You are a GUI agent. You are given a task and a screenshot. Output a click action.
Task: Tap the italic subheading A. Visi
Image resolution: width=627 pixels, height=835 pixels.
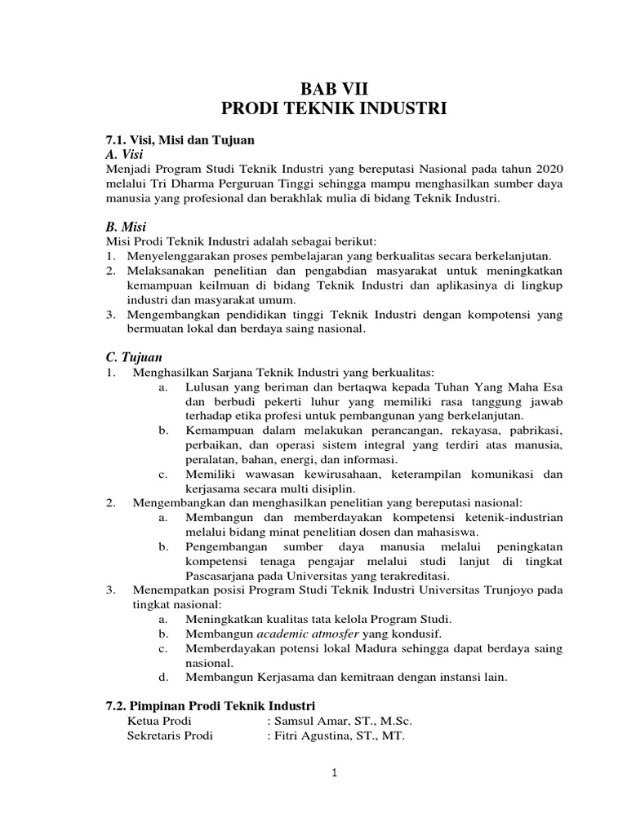pyautogui.click(x=124, y=153)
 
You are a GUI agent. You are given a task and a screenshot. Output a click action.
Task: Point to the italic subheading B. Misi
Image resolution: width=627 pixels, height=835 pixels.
pyautogui.click(x=126, y=226)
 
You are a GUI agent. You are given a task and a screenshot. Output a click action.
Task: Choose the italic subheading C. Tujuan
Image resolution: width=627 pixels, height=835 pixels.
pyautogui.click(x=135, y=357)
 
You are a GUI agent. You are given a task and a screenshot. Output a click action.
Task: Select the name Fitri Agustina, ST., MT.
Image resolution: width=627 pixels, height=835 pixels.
pyautogui.click(x=340, y=735)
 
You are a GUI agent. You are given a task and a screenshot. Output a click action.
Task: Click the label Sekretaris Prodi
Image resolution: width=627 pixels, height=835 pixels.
pyautogui.click(x=171, y=735)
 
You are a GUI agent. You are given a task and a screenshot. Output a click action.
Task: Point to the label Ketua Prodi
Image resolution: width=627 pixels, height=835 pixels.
pyautogui.click(x=161, y=720)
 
